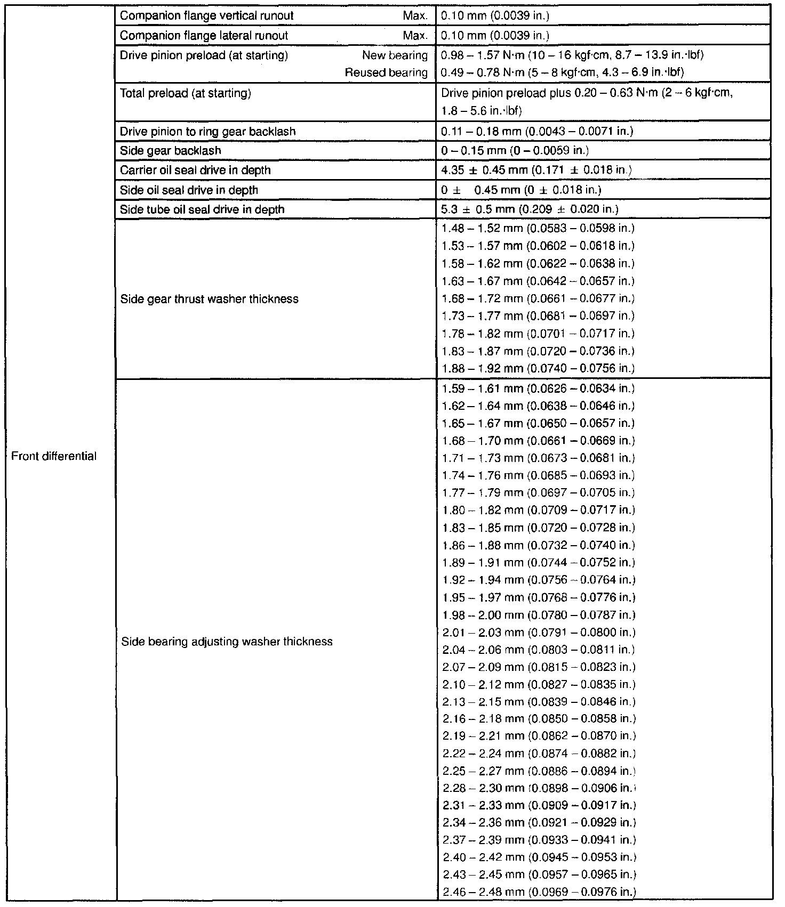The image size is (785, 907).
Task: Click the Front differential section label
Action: [54, 456]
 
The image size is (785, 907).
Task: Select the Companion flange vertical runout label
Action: [206, 16]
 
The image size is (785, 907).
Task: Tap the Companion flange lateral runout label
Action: [204, 36]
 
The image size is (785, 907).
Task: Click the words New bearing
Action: [395, 55]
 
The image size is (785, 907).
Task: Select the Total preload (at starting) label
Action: [185, 94]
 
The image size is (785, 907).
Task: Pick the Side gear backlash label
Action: [170, 151]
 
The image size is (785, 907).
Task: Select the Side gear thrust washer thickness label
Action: [209, 299]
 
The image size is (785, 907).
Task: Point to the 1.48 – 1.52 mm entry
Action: [538, 229]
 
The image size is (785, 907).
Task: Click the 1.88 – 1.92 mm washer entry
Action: [538, 368]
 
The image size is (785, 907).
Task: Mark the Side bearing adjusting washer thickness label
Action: [227, 642]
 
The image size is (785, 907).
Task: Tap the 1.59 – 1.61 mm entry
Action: [538, 388]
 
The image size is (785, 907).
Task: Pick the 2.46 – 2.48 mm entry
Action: [539, 892]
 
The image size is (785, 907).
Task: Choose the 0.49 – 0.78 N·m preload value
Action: [563, 72]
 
